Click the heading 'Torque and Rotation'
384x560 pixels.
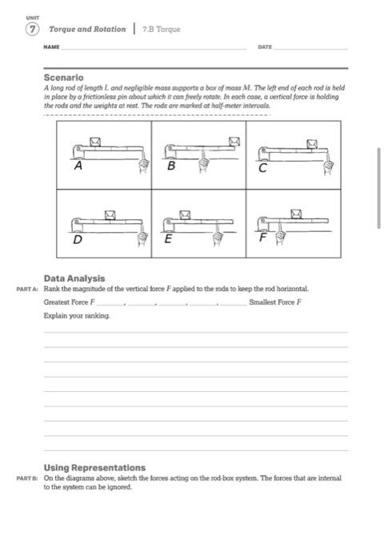(x=88, y=29)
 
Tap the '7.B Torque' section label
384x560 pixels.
(x=161, y=30)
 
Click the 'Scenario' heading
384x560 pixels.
(x=65, y=78)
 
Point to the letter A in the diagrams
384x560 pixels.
(x=78, y=168)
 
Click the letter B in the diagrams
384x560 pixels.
(x=171, y=168)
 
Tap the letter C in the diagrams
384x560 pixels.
(x=263, y=169)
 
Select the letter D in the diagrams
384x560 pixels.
(x=78, y=238)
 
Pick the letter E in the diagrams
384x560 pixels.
(x=168, y=238)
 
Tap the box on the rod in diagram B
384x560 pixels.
(x=234, y=142)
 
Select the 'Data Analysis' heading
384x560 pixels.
(x=74, y=278)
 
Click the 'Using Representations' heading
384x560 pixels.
(x=94, y=467)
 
